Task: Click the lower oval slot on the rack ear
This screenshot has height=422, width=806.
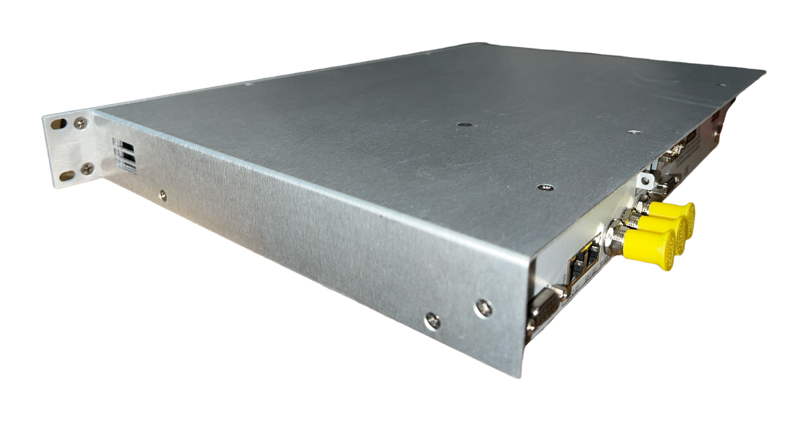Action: [67, 176]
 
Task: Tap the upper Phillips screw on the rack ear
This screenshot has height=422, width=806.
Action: [80, 123]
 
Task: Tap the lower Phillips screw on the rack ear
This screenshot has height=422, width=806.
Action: [87, 169]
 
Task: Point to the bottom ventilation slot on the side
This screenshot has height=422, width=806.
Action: [126, 164]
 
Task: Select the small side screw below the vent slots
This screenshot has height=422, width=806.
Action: [162, 196]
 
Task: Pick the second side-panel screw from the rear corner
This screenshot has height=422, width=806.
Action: [433, 321]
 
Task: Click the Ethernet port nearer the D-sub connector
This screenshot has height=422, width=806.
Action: [576, 268]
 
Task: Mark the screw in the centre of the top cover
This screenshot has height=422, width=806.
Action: [462, 124]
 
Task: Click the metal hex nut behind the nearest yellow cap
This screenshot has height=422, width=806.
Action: [614, 237]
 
